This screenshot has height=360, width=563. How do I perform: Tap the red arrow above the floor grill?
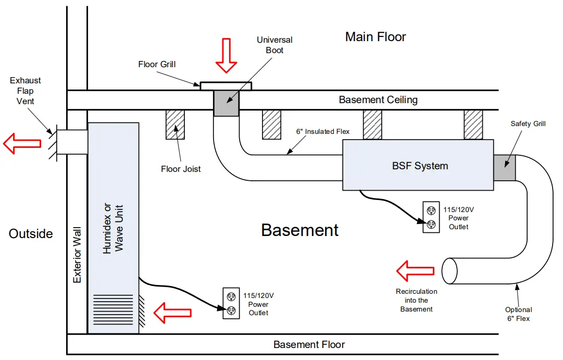(226, 55)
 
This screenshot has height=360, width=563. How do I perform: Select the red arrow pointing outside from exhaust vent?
(22, 144)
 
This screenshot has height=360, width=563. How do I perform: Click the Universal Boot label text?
(274, 45)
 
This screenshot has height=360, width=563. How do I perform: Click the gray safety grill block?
(504, 168)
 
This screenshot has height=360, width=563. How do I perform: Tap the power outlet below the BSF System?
(431, 218)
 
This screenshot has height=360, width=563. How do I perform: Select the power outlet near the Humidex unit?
(231, 303)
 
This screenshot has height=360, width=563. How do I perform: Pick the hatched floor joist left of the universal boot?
(176, 124)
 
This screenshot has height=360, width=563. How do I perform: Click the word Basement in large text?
(300, 230)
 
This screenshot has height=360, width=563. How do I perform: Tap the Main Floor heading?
(375, 36)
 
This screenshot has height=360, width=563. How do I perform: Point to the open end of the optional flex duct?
(449, 270)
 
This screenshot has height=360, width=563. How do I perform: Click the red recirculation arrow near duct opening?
(415, 271)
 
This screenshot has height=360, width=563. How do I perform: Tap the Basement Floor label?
(309, 344)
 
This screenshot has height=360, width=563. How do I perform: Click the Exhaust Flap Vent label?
(25, 91)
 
